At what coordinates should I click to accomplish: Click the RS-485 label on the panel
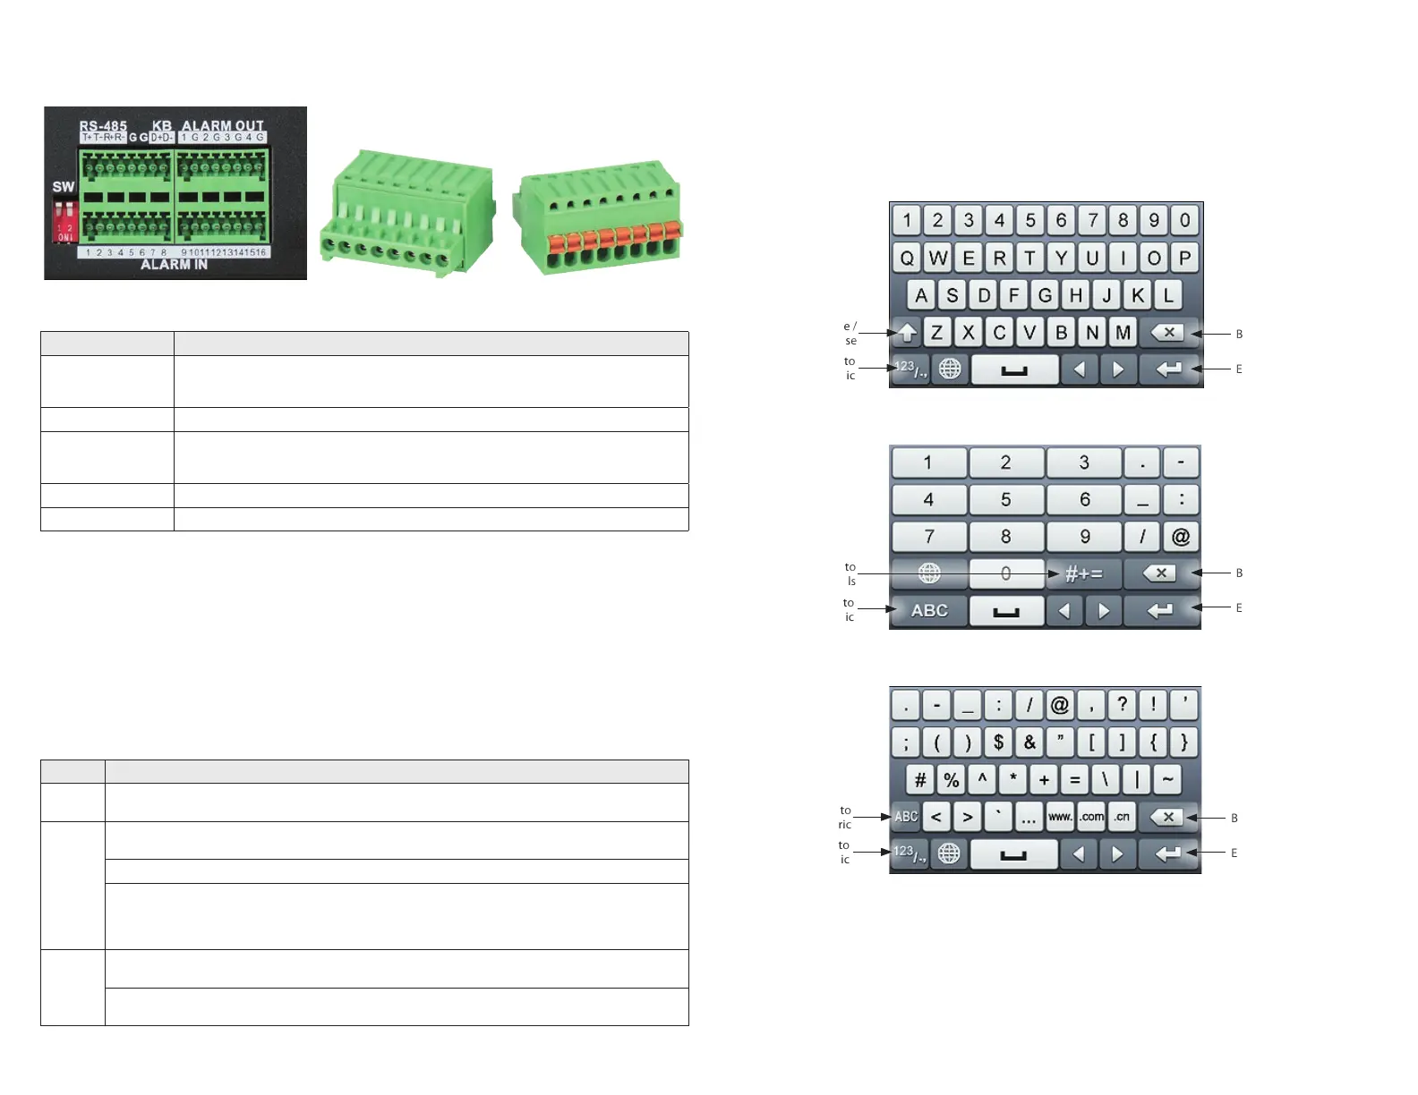(103, 126)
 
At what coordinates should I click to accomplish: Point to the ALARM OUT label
(223, 126)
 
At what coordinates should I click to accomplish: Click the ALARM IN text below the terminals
(174, 265)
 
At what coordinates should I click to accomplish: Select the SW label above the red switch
(64, 187)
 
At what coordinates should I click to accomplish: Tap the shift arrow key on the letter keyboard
(907, 333)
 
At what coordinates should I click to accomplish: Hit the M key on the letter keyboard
(1123, 333)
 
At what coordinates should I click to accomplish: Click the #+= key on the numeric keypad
(1083, 573)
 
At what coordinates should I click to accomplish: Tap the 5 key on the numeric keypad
(1005, 499)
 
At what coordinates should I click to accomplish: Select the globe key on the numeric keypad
(929, 573)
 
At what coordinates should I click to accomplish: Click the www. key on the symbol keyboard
(1060, 817)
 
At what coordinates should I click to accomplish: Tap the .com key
(1091, 817)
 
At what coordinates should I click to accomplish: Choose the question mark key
(1122, 705)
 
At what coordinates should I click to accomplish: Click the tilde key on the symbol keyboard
(1167, 779)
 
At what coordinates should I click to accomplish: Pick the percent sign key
(951, 779)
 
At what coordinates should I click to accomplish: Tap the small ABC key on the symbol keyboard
(906, 817)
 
